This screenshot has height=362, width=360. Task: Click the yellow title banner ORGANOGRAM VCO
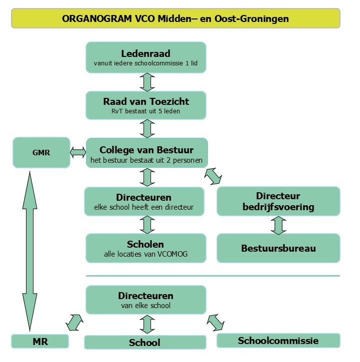tap(175, 18)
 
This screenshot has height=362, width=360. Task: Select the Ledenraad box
tap(146, 57)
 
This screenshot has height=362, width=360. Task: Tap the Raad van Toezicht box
tap(146, 105)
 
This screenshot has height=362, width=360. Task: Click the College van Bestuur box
tap(146, 154)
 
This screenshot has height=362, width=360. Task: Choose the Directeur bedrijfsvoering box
tap(278, 201)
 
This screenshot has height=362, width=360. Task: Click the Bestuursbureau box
tap(278, 248)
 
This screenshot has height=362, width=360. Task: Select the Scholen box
tap(145, 249)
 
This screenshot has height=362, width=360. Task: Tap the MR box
tap(40, 342)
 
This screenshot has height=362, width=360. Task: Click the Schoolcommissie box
tap(278, 341)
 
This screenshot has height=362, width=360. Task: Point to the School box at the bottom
tap(145, 343)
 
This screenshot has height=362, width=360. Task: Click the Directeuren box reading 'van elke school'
tap(146, 300)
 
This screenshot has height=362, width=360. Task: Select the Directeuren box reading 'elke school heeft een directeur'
tap(144, 201)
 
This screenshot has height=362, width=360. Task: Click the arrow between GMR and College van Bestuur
tap(78, 152)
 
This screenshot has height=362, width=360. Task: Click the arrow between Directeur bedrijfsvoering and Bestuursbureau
tap(278, 224)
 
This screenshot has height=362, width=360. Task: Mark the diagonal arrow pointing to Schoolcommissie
tap(216, 322)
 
